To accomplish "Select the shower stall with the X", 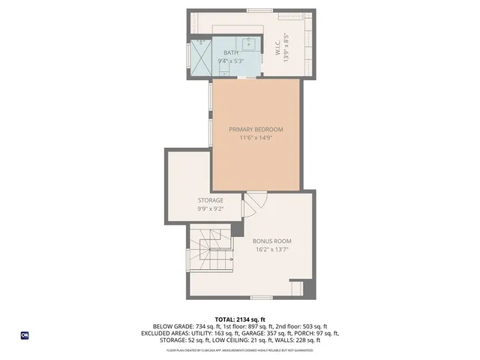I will click(x=199, y=55).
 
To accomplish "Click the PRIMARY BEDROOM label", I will click(x=256, y=129).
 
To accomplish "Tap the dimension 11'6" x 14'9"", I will click(x=256, y=138).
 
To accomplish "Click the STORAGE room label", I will click(x=211, y=200).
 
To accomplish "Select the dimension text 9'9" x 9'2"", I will click(x=211, y=209).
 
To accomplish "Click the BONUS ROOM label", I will click(x=272, y=241).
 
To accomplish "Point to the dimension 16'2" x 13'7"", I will click(x=272, y=250).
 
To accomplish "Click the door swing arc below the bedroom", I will click(x=255, y=201).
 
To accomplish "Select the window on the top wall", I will click(x=259, y=10).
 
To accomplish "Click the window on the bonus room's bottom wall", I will click(x=262, y=298).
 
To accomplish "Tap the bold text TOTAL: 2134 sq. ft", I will click(x=240, y=319).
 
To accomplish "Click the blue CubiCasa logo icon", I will click(x=25, y=335).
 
